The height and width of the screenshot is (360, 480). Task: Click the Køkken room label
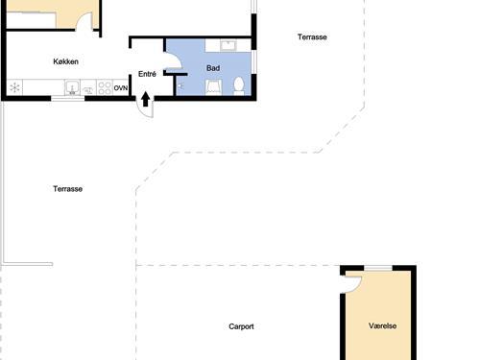(x=65, y=61)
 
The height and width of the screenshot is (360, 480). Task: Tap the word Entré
(x=147, y=74)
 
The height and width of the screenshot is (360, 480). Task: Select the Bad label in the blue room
(x=213, y=68)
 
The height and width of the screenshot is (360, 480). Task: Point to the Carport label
(x=241, y=326)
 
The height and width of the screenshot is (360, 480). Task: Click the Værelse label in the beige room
(x=382, y=325)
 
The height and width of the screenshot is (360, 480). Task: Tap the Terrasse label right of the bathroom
(x=312, y=37)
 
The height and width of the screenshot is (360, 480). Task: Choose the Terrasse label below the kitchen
(x=67, y=189)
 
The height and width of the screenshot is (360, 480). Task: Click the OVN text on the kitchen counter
(x=121, y=88)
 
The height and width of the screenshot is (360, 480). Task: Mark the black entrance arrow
(x=146, y=99)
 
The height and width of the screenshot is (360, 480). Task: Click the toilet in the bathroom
(x=239, y=85)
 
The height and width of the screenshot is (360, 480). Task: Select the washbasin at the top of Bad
(x=228, y=45)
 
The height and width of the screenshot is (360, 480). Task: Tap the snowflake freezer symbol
(x=14, y=87)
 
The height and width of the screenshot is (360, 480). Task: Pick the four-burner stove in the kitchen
(x=105, y=87)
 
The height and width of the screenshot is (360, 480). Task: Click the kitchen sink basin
(x=72, y=87)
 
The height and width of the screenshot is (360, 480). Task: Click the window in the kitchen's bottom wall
(x=68, y=98)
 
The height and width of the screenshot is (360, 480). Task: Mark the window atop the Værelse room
(x=378, y=268)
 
